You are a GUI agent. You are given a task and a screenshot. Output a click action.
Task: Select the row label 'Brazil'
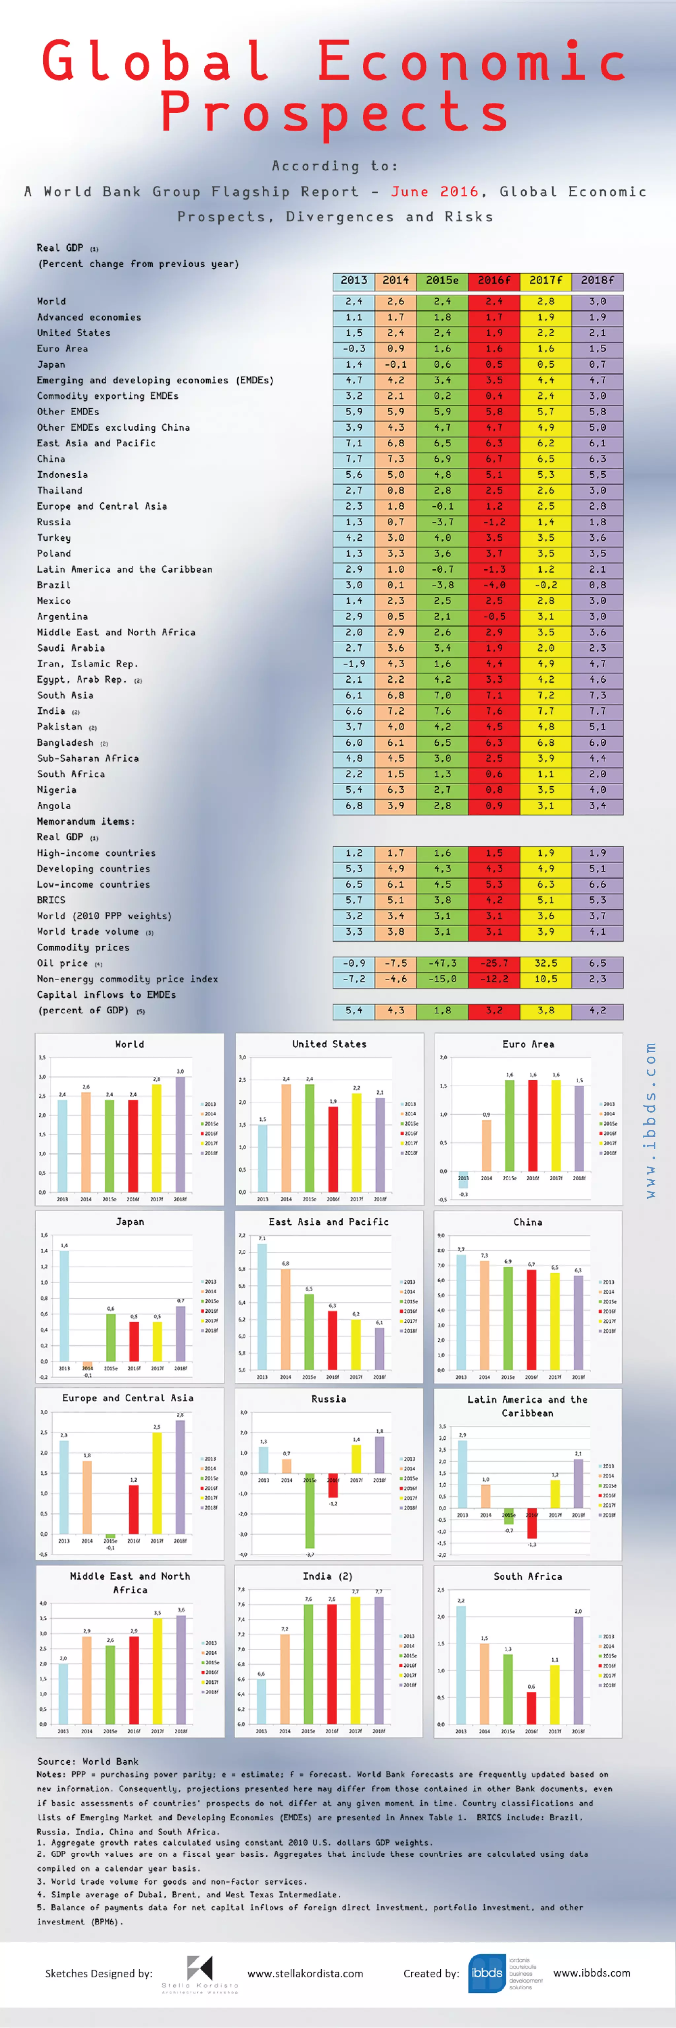pos(53,585)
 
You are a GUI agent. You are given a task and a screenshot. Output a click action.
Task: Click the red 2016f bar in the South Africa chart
pos(531,1707)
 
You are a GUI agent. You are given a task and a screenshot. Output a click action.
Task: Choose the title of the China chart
pos(527,1222)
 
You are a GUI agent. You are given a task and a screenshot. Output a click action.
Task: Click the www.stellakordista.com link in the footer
pos(305,1974)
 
